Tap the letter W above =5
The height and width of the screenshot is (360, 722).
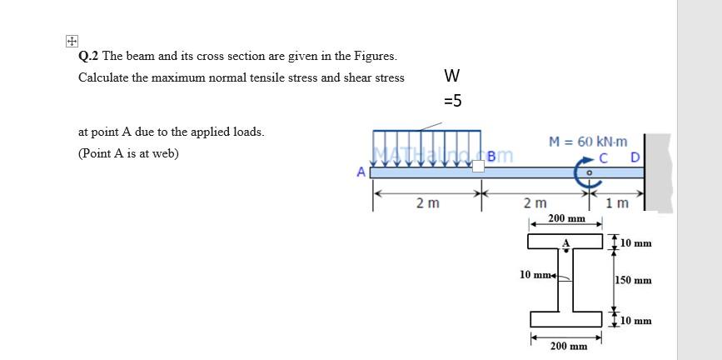452,76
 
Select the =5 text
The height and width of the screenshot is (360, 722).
452,102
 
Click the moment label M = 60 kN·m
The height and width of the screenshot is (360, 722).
589,142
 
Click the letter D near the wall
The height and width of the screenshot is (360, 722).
635,157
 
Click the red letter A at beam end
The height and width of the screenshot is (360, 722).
361,172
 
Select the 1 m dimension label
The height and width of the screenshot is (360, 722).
617,203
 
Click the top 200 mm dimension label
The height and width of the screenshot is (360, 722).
566,217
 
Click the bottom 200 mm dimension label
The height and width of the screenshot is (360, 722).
568,345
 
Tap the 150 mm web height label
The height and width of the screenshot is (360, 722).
633,280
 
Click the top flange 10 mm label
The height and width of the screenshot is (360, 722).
636,242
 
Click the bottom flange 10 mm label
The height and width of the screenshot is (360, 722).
636,320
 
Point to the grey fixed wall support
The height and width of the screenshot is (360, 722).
658,171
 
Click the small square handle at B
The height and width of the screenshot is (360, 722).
479,167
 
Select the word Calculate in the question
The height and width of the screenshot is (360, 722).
103,77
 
